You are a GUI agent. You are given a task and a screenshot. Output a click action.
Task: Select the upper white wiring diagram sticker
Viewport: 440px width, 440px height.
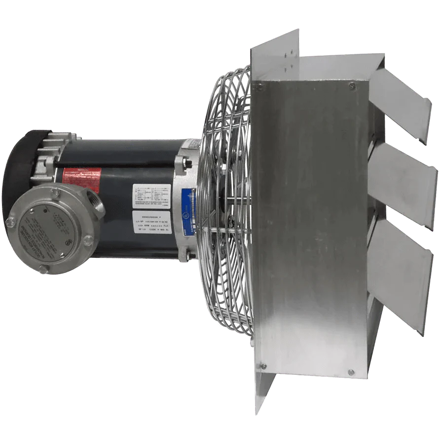(151, 196)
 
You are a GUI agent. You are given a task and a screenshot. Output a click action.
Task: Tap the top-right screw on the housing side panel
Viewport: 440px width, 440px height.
(352, 85)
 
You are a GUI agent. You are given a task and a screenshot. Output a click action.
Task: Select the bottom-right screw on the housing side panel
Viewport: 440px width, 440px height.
(350, 372)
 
